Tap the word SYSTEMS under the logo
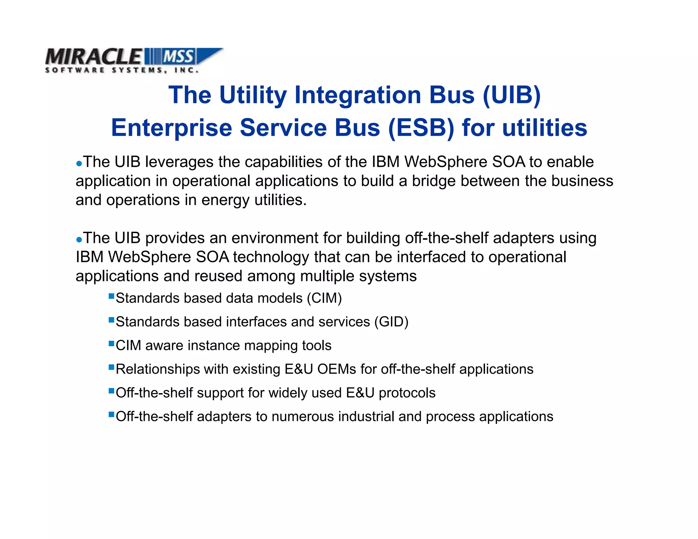point(138,70)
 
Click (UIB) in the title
point(512,95)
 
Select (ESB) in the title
point(421,128)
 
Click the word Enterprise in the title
point(171,128)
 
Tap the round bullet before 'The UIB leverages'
point(79,164)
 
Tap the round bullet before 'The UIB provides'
point(79,240)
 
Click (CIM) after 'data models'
point(324,298)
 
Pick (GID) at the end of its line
point(391,322)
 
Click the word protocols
point(407,393)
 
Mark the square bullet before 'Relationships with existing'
point(111,367)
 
